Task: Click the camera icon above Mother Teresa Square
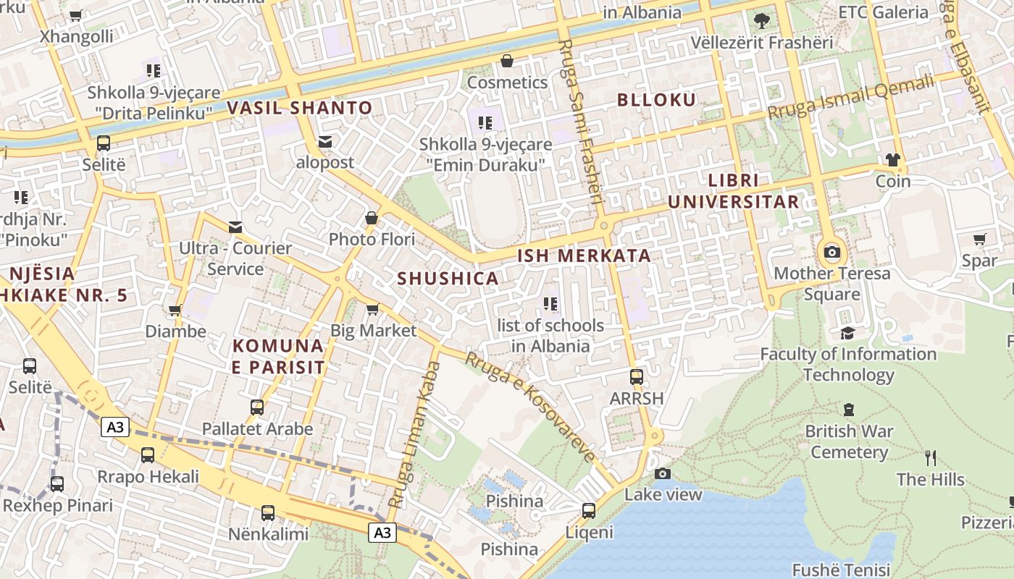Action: point(832,252)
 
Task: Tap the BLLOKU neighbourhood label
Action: point(656,100)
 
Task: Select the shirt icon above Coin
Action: point(892,159)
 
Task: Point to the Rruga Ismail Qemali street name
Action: point(851,98)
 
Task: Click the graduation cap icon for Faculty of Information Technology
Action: point(847,333)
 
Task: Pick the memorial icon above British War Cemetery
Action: point(849,410)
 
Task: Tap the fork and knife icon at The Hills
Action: point(931,457)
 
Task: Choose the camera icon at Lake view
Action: point(663,473)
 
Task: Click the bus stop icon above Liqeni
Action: point(589,511)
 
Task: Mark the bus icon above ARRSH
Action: point(637,376)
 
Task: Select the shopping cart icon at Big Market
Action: point(373,310)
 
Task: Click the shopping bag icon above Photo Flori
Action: point(372,218)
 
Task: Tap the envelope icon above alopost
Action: point(325,141)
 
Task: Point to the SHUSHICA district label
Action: point(448,278)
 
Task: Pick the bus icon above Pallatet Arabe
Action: point(257,407)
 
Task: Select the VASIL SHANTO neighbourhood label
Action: point(300,109)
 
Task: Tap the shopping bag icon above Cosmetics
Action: point(507,61)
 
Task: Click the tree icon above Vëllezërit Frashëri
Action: point(761,20)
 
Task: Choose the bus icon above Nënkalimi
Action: point(268,513)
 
